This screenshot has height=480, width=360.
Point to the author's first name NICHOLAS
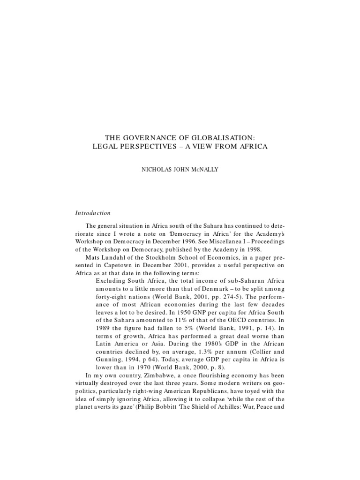click(x=157, y=170)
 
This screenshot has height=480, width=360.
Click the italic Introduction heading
click(x=93, y=213)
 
